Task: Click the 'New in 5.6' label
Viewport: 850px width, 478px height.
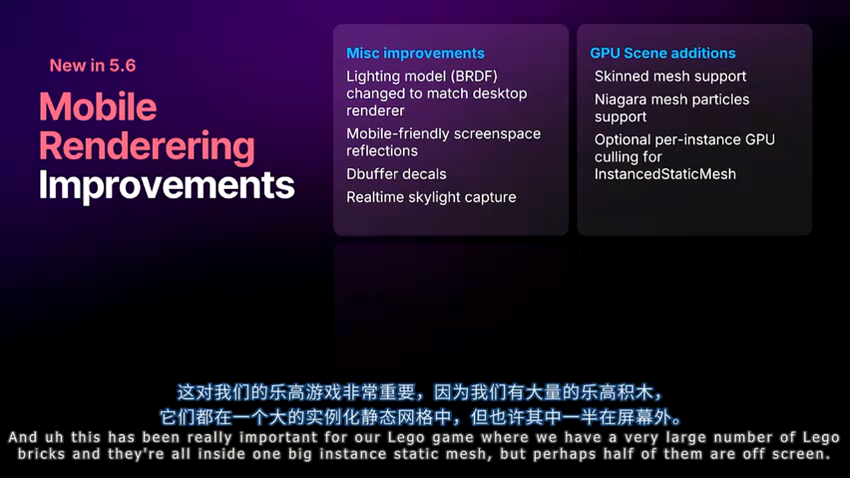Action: [x=92, y=66]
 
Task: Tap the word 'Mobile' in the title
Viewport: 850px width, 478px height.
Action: [x=98, y=107]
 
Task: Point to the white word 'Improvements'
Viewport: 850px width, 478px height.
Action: [x=167, y=186]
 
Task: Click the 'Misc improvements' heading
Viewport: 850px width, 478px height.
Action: [x=416, y=54]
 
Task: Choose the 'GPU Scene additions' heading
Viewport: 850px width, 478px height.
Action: [x=663, y=54]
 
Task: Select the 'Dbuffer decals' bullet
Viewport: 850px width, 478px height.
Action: [x=396, y=174]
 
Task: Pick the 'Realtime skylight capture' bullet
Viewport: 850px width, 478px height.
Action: [x=432, y=198]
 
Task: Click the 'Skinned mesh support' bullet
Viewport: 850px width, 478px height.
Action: [x=671, y=76]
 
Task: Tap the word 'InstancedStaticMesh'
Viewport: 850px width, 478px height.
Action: [x=665, y=175]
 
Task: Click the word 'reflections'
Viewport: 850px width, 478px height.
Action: [x=382, y=151]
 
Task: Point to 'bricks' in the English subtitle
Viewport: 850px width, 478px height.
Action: [x=41, y=454]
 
